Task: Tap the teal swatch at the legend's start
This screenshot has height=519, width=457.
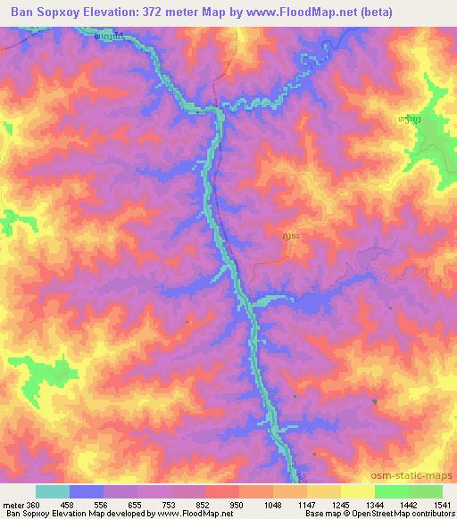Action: [x=52, y=491]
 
